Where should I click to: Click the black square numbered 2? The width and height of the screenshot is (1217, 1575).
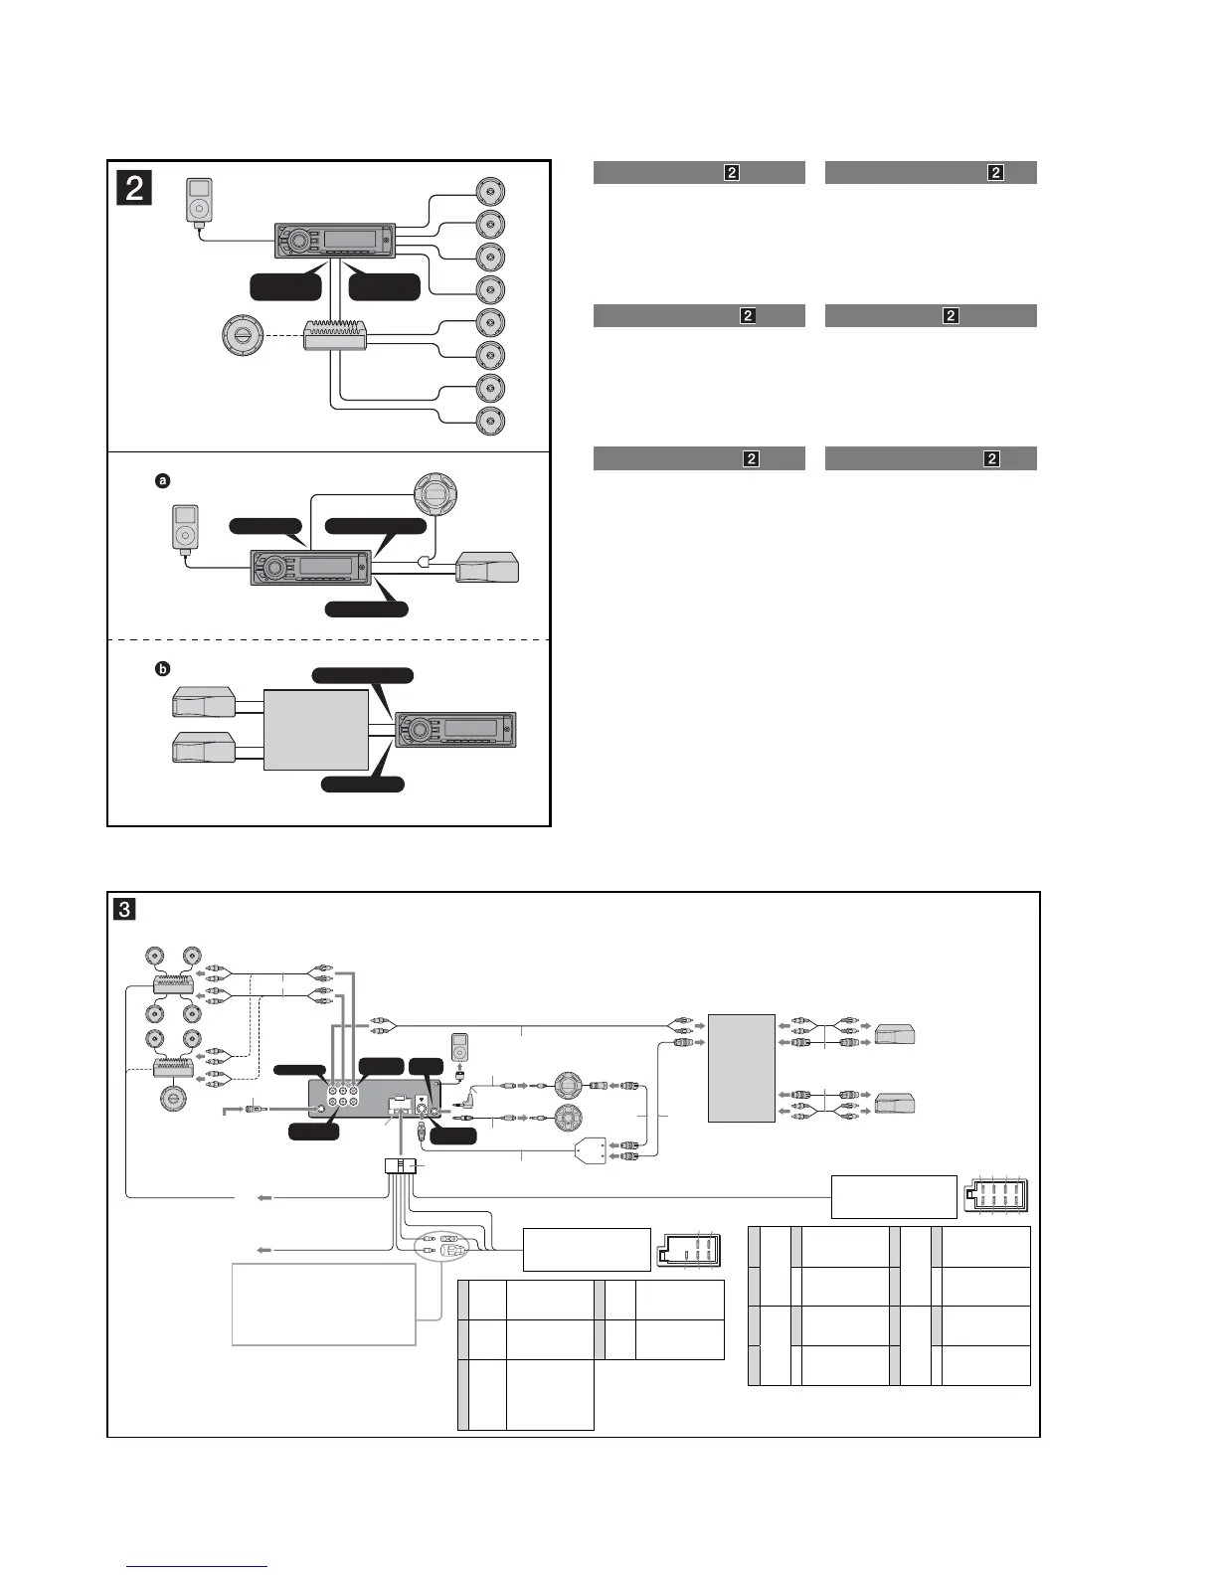[134, 187]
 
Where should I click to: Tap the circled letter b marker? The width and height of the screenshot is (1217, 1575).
[163, 670]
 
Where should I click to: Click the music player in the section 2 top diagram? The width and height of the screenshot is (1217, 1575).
[200, 202]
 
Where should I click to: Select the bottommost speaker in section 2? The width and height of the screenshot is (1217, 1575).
[490, 422]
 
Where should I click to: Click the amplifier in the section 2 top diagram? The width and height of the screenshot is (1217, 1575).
[337, 336]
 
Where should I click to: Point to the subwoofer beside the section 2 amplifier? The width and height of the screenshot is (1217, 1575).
[245, 336]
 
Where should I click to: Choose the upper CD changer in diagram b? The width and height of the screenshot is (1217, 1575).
[204, 702]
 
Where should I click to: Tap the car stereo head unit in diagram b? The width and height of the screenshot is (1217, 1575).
[455, 729]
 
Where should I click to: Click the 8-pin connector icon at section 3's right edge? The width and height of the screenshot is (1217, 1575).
[994, 1197]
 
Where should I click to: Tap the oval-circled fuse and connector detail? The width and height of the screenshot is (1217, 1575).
[438, 1247]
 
